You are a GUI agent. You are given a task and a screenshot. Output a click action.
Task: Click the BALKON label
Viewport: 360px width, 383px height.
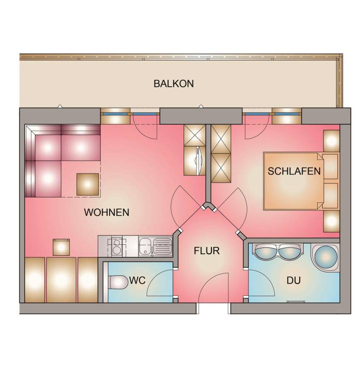click(x=174, y=84)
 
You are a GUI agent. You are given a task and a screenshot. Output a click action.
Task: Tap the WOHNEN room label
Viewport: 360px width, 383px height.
click(x=107, y=212)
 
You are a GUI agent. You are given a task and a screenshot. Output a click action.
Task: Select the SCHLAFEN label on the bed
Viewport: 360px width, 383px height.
click(x=294, y=171)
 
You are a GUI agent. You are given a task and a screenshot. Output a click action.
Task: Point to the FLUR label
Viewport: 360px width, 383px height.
click(x=206, y=251)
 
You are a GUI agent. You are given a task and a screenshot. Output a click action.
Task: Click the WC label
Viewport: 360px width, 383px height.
click(x=138, y=280)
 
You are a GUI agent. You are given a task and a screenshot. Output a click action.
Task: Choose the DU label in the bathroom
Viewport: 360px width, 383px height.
click(x=293, y=280)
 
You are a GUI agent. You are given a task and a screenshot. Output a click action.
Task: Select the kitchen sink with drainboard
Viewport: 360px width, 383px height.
click(x=155, y=246)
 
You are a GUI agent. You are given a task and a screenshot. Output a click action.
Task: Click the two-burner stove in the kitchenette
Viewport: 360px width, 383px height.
click(x=117, y=246)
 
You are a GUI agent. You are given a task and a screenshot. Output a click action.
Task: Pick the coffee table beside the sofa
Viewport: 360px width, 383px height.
click(x=88, y=185)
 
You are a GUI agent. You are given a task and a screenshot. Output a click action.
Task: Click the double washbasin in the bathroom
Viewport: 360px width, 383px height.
click(x=278, y=251)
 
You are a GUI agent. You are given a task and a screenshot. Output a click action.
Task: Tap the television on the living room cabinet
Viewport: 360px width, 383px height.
click(x=198, y=160)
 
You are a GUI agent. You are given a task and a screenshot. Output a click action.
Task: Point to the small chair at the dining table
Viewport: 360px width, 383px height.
click(x=61, y=247)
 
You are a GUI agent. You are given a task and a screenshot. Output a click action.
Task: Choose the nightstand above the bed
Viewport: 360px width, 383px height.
click(x=332, y=141)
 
